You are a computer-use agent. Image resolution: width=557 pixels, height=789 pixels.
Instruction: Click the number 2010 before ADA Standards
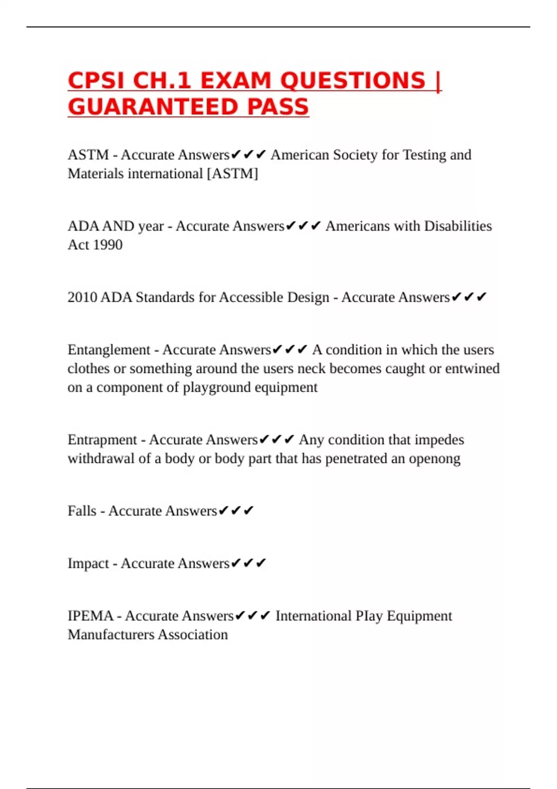(x=82, y=297)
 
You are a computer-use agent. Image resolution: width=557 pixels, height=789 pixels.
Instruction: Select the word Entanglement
(x=109, y=349)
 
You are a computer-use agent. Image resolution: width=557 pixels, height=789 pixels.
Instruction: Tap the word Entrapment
(x=102, y=440)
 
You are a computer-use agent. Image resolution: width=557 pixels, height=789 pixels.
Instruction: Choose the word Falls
(x=82, y=511)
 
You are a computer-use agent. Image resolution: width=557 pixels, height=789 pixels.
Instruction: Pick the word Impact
(x=88, y=563)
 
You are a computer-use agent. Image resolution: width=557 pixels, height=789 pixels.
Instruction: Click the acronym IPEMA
(x=91, y=616)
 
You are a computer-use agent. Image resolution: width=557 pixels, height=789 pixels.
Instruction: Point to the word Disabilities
(x=458, y=226)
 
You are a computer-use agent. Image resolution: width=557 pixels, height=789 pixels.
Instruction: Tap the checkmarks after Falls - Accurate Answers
(x=236, y=511)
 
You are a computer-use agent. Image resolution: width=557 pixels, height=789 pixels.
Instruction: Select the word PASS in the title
(x=278, y=107)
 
